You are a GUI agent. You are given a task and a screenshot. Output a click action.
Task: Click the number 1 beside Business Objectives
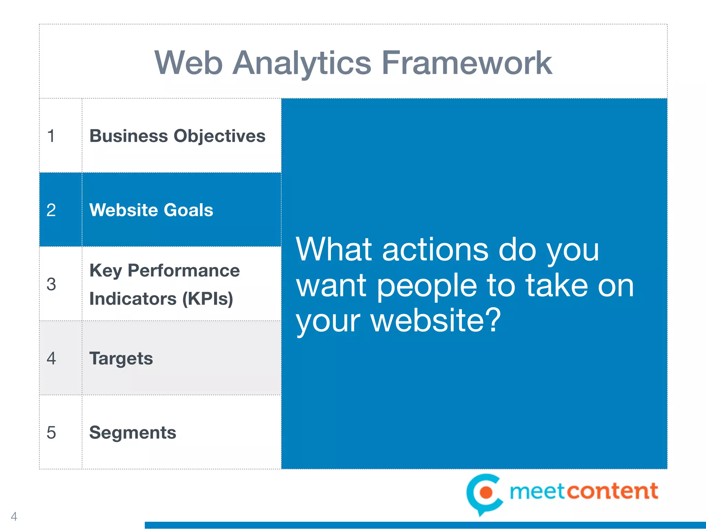click(51, 136)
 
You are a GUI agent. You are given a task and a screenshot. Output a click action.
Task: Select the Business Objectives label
click(177, 136)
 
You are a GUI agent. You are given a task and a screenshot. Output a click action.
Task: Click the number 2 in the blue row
click(51, 210)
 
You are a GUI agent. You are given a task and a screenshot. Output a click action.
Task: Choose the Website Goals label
click(151, 210)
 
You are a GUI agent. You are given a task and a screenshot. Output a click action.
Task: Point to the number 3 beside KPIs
click(51, 284)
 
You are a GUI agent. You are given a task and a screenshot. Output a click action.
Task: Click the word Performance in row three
click(183, 270)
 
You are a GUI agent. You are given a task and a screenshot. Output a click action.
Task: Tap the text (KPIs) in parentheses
click(208, 299)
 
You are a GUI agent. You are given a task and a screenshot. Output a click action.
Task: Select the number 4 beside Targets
click(51, 359)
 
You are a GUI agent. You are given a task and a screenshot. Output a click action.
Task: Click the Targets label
click(121, 359)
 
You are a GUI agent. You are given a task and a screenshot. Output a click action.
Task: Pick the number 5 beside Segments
click(51, 433)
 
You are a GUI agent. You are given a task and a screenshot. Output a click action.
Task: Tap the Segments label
click(132, 433)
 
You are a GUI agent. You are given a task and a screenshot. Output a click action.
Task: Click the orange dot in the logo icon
click(486, 492)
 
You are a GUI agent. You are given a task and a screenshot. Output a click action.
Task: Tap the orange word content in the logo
click(612, 491)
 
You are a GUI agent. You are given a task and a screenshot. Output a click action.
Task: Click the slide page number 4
click(14, 516)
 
